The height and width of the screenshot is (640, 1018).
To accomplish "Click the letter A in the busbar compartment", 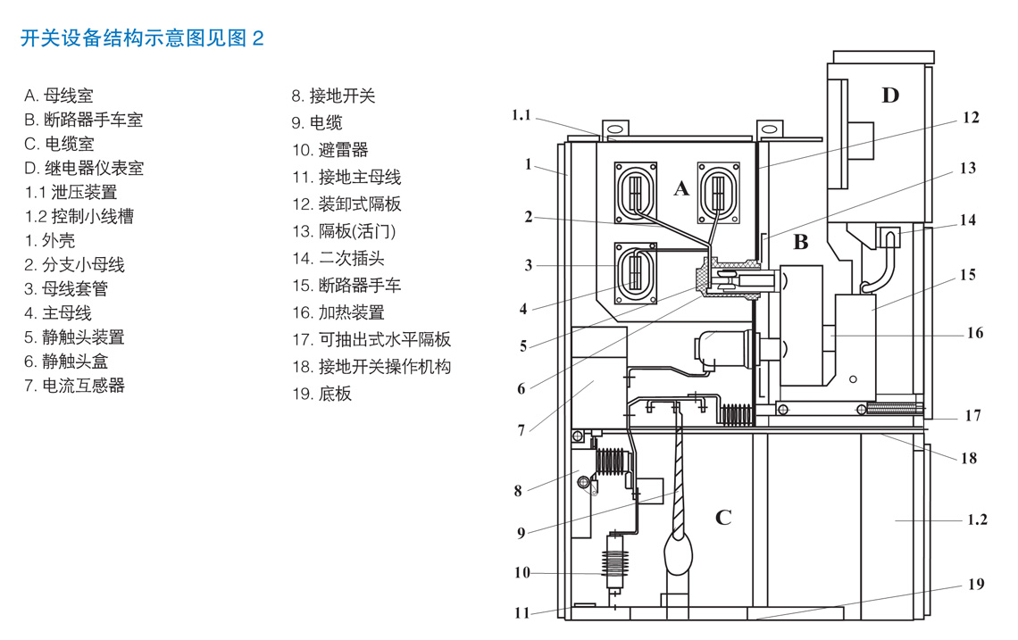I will pyautogui.click(x=681, y=188).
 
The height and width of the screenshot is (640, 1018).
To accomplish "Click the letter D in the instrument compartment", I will pyautogui.click(x=890, y=95).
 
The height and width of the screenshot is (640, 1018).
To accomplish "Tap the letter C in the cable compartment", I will pyautogui.click(x=723, y=518).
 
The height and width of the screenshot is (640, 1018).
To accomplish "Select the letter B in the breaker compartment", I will pyautogui.click(x=801, y=242).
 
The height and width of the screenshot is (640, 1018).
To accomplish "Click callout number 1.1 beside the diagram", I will pyautogui.click(x=522, y=115).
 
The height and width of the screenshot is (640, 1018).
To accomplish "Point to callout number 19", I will pyautogui.click(x=976, y=584).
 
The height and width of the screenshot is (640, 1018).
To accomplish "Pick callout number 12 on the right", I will pyautogui.click(x=971, y=118).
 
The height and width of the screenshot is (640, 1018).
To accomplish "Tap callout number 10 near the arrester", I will pyautogui.click(x=522, y=572).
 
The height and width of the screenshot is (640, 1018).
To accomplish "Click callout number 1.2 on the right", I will pyautogui.click(x=977, y=519).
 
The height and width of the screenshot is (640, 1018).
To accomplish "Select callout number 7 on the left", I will pyautogui.click(x=522, y=430).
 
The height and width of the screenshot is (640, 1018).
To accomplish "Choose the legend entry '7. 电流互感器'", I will pyautogui.click(x=75, y=386).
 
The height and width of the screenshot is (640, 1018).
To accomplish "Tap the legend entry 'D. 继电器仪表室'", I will pyautogui.click(x=84, y=168).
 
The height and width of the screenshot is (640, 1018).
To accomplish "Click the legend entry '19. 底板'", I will pyautogui.click(x=322, y=394).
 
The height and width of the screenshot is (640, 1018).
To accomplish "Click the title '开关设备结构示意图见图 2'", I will pyautogui.click(x=142, y=38).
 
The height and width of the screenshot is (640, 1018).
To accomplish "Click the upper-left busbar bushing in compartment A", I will pyautogui.click(x=637, y=192).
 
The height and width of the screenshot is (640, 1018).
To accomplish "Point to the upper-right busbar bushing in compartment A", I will pyautogui.click(x=719, y=192).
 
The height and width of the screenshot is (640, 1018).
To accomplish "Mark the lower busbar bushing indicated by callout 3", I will pyautogui.click(x=637, y=271).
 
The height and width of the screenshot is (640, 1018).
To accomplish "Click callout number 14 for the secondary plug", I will pyautogui.click(x=968, y=220).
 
